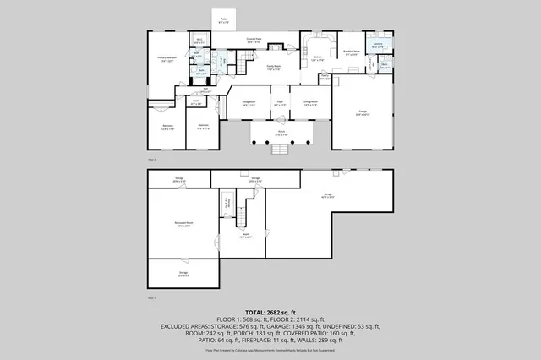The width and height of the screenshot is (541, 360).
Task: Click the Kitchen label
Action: click(318, 59)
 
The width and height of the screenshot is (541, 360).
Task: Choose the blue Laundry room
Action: click(378, 46)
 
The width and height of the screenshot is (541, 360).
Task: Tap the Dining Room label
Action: click(309, 102)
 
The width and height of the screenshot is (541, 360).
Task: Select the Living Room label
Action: click(249, 102)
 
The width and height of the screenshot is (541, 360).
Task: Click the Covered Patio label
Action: click(254, 39)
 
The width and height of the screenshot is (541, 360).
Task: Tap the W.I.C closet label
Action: click(199, 41)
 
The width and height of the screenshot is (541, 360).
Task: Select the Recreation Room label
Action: click(182, 224)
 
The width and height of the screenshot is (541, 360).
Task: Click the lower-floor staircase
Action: click(242, 217)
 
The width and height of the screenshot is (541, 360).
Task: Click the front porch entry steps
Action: click(280, 149)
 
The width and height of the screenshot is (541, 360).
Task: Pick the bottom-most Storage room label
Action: click(183, 273)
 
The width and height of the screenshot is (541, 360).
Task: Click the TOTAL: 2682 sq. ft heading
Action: click(270, 311)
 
